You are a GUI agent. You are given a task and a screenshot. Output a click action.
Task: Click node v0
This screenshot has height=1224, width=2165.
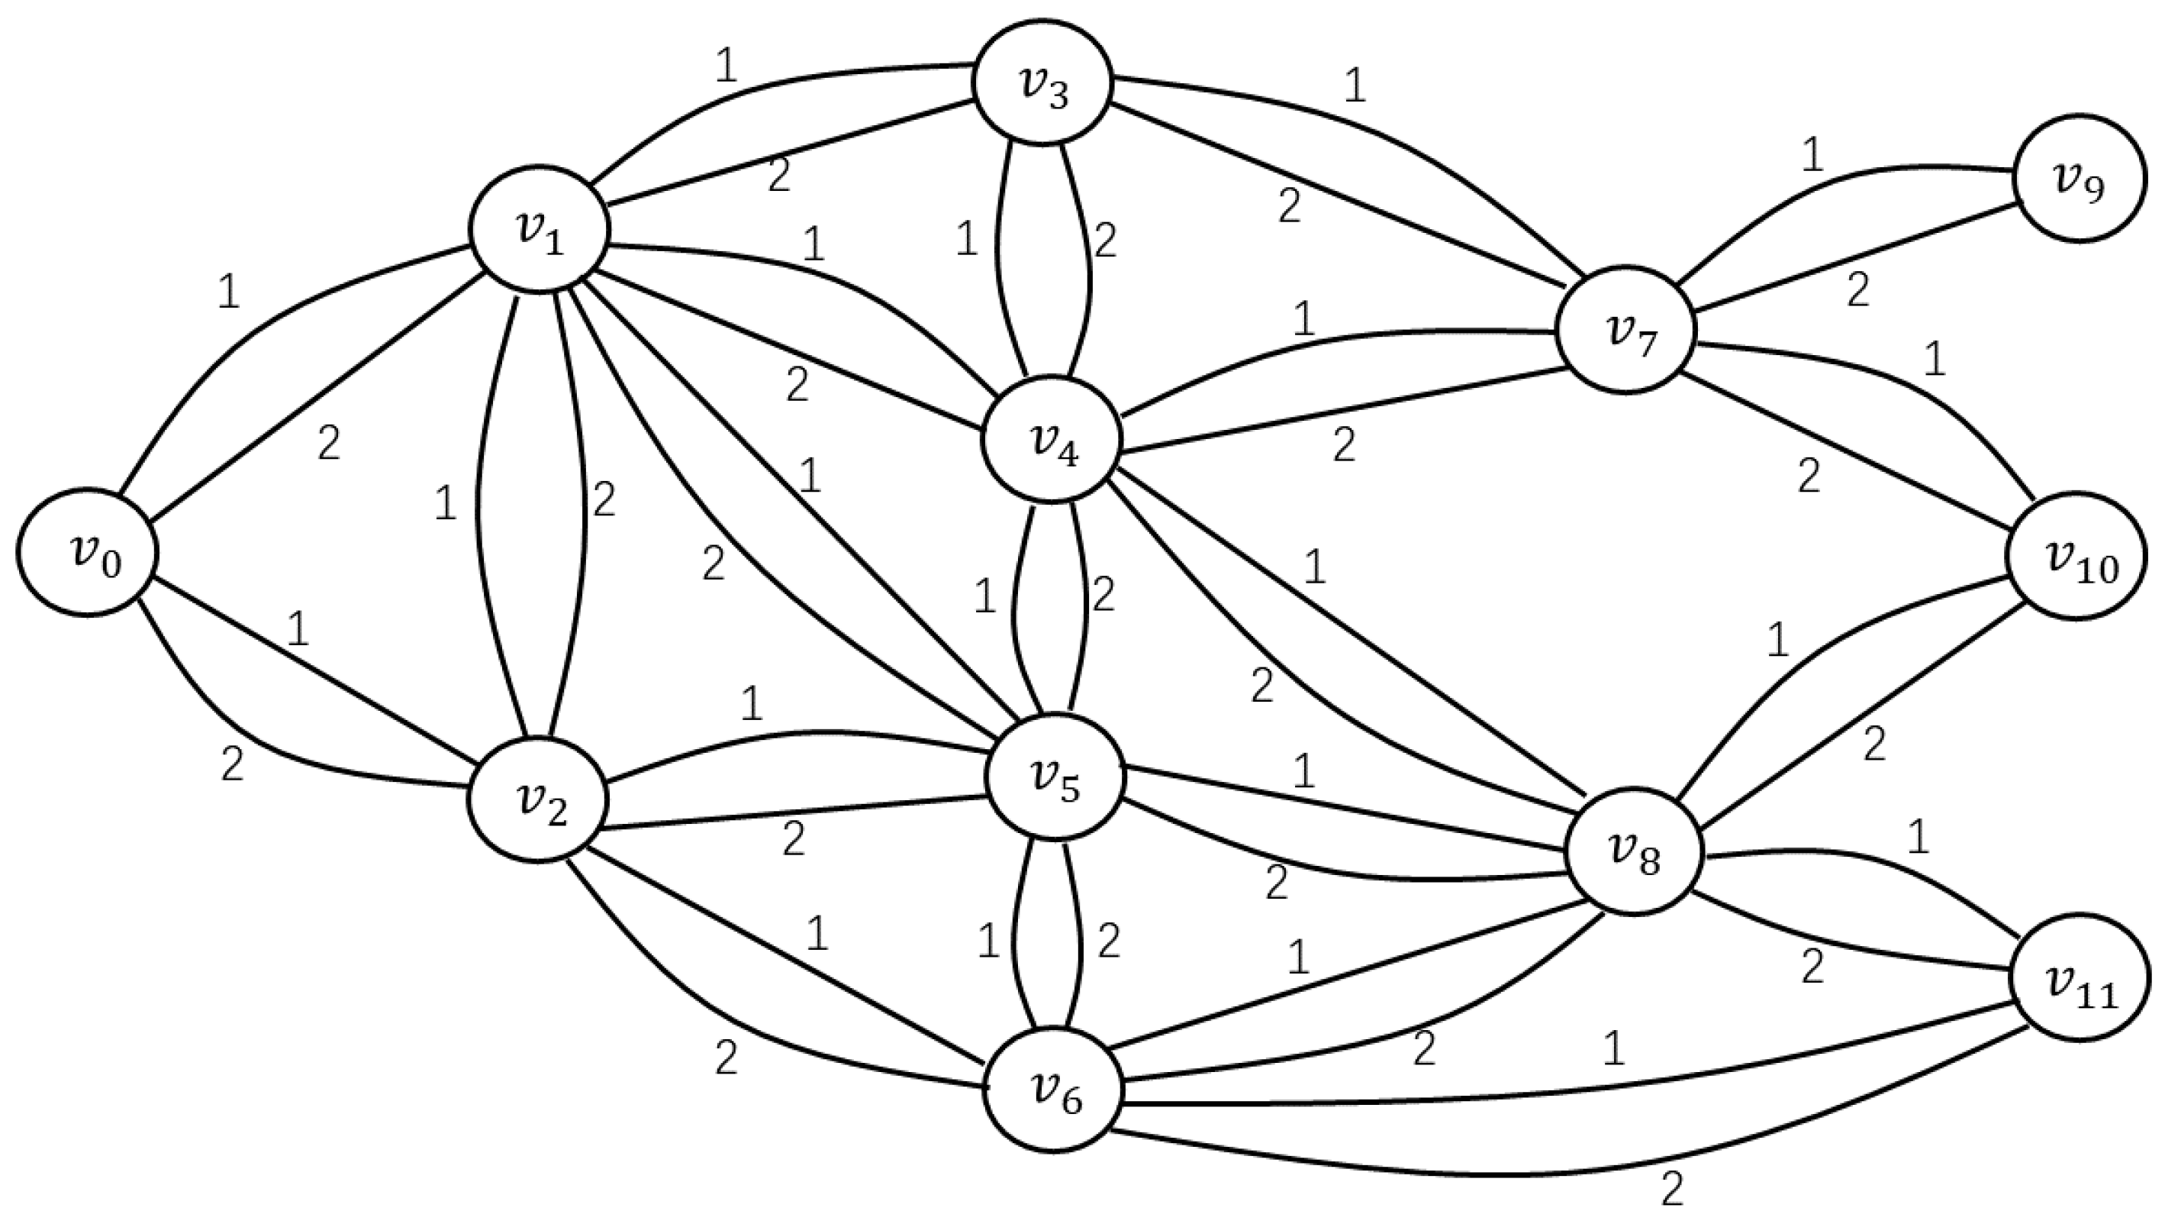(x=86, y=552)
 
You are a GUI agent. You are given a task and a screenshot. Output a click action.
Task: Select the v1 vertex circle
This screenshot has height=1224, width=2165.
(x=540, y=228)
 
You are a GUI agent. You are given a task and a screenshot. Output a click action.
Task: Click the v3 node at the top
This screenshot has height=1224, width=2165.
(x=1042, y=83)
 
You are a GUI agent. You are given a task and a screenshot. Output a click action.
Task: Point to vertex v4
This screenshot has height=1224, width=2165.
(x=1052, y=438)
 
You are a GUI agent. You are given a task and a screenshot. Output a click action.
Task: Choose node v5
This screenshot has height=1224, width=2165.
(x=1055, y=777)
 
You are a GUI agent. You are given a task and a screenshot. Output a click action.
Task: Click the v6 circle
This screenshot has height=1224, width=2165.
(x=1054, y=1090)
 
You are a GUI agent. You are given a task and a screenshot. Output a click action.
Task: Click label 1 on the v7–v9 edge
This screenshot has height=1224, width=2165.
(x=1813, y=156)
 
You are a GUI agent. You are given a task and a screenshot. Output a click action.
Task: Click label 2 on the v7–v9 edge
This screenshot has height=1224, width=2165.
(x=1857, y=290)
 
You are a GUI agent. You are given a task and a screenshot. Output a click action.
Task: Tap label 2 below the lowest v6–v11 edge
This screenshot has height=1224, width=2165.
(x=1673, y=1190)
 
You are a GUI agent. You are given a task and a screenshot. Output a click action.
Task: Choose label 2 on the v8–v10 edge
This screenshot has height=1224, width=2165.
(x=1874, y=744)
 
